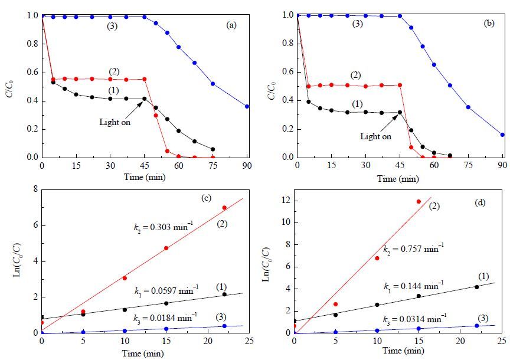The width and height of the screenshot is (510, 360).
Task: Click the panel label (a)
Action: [231, 25]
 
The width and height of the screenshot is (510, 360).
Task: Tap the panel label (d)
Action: [480, 202]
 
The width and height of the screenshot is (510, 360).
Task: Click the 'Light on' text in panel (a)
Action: [115, 122]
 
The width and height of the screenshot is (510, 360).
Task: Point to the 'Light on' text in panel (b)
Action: [375, 136]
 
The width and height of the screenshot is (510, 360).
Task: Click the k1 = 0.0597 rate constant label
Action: [166, 290]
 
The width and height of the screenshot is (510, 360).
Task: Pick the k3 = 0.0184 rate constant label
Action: [165, 317]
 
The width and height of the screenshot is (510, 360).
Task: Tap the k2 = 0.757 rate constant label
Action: [413, 249]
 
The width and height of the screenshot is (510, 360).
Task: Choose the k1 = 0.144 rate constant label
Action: [413, 286]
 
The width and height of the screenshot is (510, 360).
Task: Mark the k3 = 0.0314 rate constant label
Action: [415, 319]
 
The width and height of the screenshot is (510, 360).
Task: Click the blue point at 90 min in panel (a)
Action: [247, 106]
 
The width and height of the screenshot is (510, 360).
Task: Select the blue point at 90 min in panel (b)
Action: [502, 135]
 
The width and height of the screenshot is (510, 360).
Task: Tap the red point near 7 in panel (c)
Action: [224, 208]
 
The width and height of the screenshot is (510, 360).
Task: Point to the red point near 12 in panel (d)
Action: [419, 202]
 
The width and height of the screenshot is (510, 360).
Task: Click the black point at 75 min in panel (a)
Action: [213, 149]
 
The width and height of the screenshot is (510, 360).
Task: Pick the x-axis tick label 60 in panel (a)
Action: [179, 166]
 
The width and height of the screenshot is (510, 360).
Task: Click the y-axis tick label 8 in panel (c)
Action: [35, 189]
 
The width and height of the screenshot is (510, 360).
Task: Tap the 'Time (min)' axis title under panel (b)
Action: [398, 179]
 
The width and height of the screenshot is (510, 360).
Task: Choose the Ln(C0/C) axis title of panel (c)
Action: [18, 261]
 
